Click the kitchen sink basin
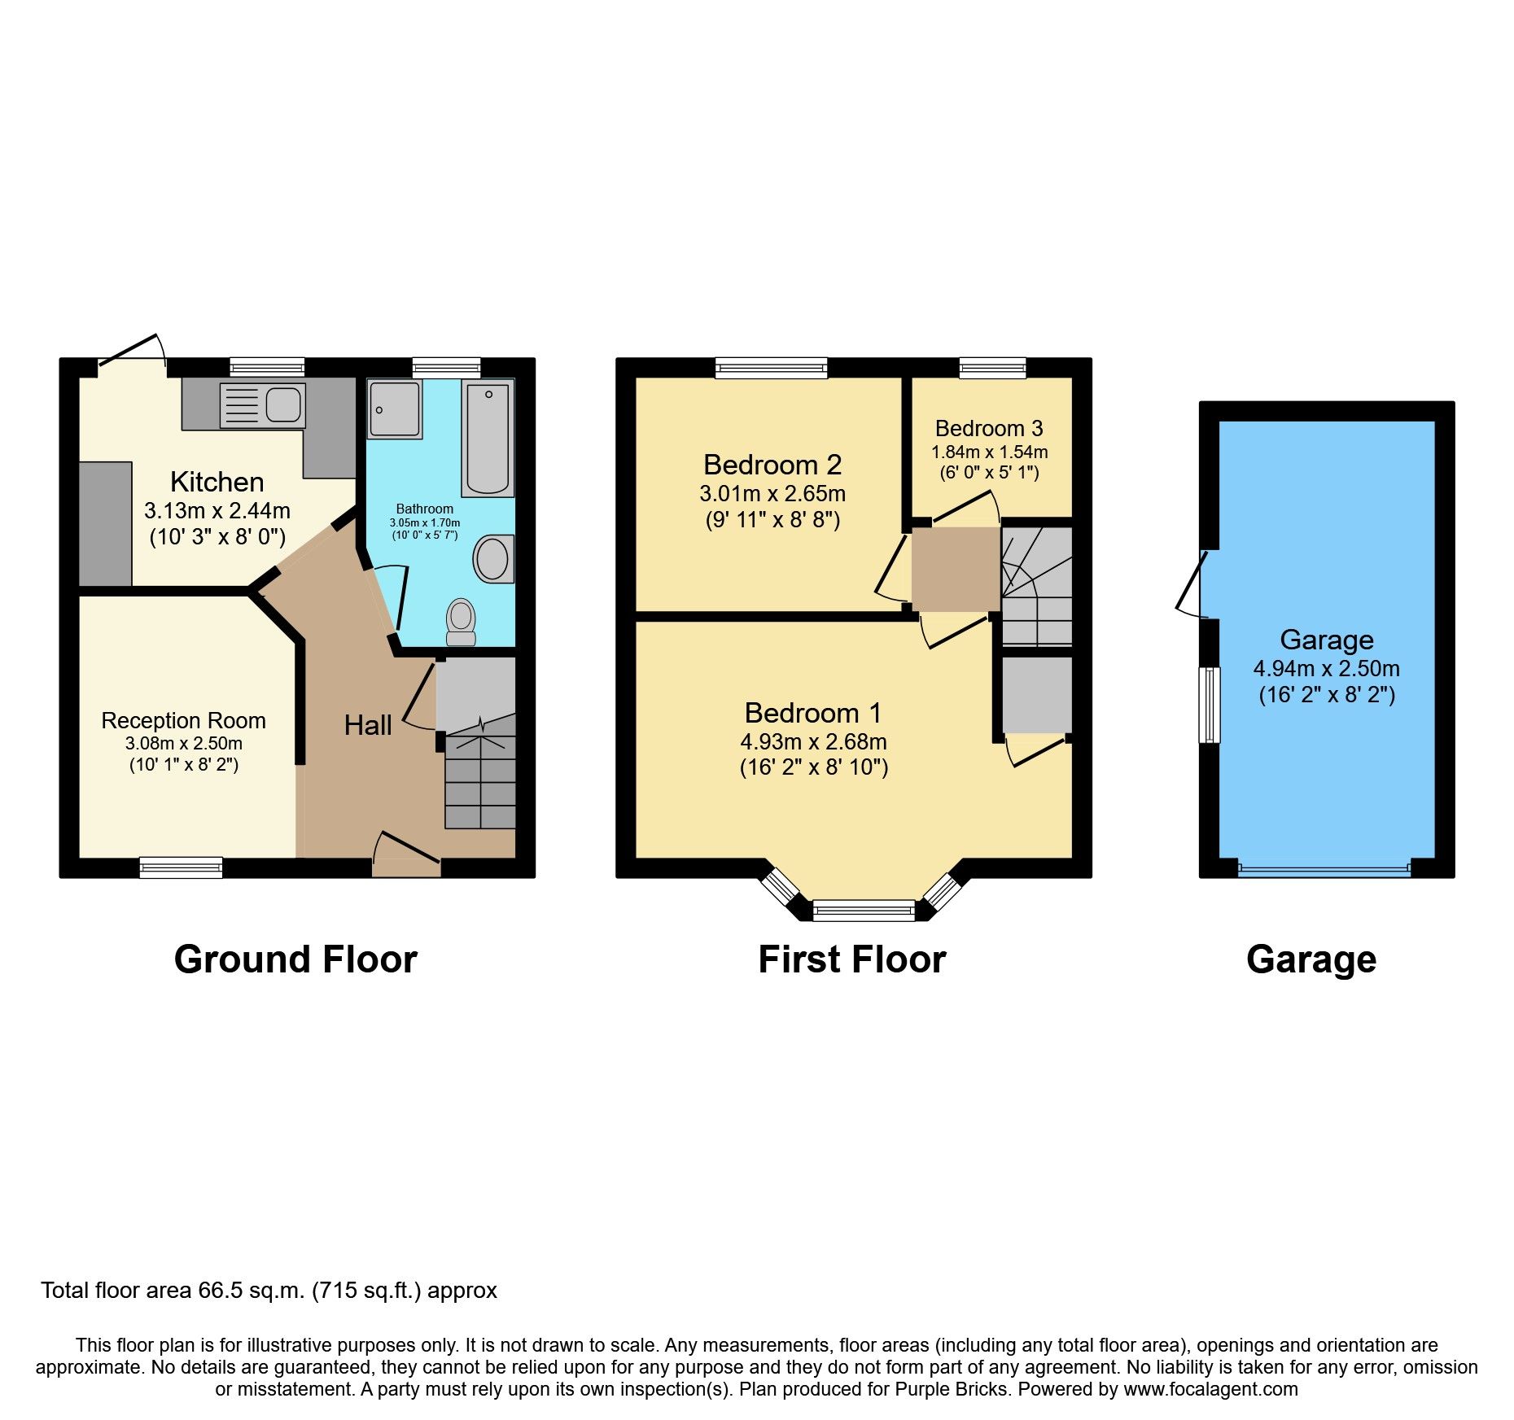coord(283,404)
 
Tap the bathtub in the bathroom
coord(487,437)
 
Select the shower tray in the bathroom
coord(395,409)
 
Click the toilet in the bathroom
coord(462,622)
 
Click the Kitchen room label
coord(217,482)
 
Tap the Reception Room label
coord(183,720)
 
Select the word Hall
coord(368,725)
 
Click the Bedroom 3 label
coord(989,428)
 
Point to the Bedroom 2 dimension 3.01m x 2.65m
coord(772,493)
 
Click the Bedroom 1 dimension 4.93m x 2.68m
coord(813,741)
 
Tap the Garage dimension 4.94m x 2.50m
coord(1326,668)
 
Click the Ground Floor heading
coord(295,959)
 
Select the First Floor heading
coord(851,959)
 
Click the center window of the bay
coord(864,910)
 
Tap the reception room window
coord(181,867)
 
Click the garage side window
coord(1210,705)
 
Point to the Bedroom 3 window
coord(992,369)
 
